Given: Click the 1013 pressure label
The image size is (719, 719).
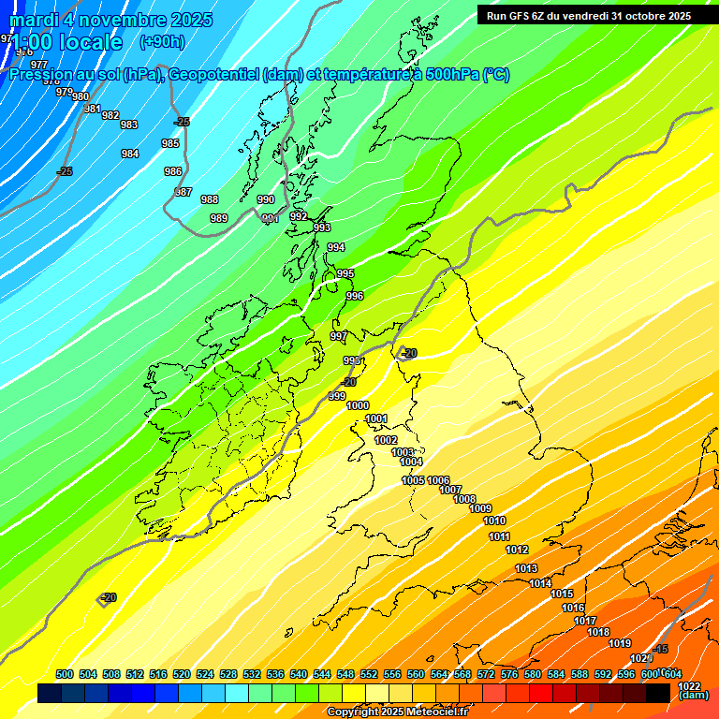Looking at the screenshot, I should pyautogui.click(x=526, y=568).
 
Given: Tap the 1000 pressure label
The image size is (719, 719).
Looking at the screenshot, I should pyautogui.click(x=358, y=405).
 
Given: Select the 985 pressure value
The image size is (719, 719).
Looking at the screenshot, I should pyautogui.click(x=170, y=143).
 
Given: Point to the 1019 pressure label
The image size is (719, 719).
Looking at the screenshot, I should pyautogui.click(x=620, y=643).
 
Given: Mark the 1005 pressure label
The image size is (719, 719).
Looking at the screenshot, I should pyautogui.click(x=413, y=480).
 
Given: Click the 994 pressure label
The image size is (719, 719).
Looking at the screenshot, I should pyautogui.click(x=336, y=247).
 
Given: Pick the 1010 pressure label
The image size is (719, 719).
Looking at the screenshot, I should pyautogui.click(x=494, y=521).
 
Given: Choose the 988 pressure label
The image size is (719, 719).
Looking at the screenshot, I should pyautogui.click(x=210, y=199).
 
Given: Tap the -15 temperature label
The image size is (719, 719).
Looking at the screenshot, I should pyautogui.click(x=661, y=650).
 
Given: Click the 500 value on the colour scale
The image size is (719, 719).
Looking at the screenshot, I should pyautogui.click(x=65, y=675).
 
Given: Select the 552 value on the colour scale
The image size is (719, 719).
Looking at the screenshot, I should pyautogui.click(x=369, y=675).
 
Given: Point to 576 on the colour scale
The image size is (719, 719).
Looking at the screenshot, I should pyautogui.click(x=509, y=675).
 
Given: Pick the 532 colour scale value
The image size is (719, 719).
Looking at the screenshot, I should pyautogui.click(x=252, y=675).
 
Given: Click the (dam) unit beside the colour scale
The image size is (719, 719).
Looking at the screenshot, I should pyautogui.click(x=693, y=695).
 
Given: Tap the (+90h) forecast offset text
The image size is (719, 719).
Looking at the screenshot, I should pyautogui.click(x=162, y=42).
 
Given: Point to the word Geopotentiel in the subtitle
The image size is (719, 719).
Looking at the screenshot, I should pyautogui.click(x=214, y=75).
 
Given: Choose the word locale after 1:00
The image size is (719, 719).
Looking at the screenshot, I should pyautogui.click(x=91, y=42).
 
